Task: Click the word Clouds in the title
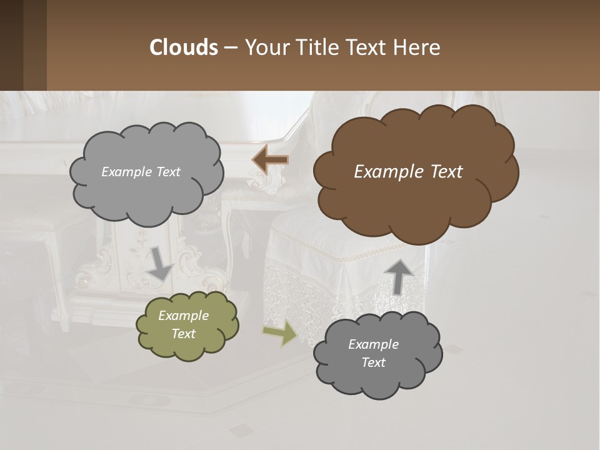[x=183, y=47]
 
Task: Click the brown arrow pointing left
[x=270, y=160]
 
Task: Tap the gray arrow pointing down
[x=160, y=262]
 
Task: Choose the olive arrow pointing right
[x=281, y=333]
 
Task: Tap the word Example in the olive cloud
[x=183, y=316]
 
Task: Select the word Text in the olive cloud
[x=183, y=334]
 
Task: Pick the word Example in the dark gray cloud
[x=373, y=344]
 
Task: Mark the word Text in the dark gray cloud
[x=373, y=362]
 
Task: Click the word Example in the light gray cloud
[x=125, y=172]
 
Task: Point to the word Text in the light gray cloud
[x=167, y=172]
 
